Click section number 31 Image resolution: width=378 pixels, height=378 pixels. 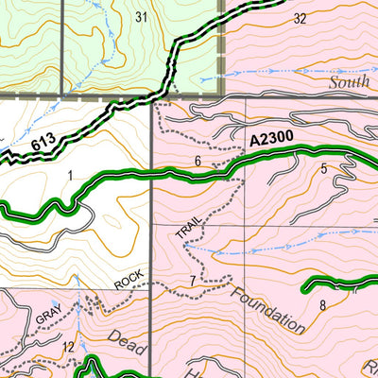click(142, 16)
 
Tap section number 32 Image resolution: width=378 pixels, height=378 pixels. click(301, 18)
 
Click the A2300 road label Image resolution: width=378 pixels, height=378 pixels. click(273, 140)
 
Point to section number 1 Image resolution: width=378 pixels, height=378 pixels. click(70, 175)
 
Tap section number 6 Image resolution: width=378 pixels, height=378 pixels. click(198, 162)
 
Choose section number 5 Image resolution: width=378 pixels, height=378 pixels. click(323, 169)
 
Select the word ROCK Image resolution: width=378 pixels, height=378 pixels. click(129, 281)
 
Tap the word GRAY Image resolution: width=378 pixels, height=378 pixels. click(48, 318)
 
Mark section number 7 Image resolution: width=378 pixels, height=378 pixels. click(192, 281)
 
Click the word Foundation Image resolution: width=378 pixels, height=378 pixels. click(267, 304)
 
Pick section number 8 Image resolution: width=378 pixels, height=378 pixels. click(322, 304)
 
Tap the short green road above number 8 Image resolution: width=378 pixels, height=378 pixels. click(340, 283)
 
